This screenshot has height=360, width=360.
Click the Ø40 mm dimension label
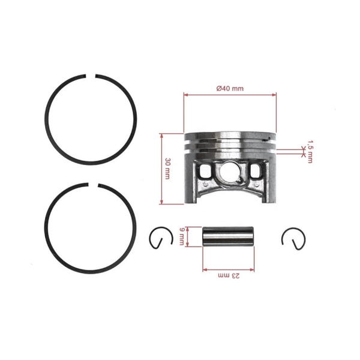click(x=230, y=88)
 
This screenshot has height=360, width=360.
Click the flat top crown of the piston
click(x=230, y=133)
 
